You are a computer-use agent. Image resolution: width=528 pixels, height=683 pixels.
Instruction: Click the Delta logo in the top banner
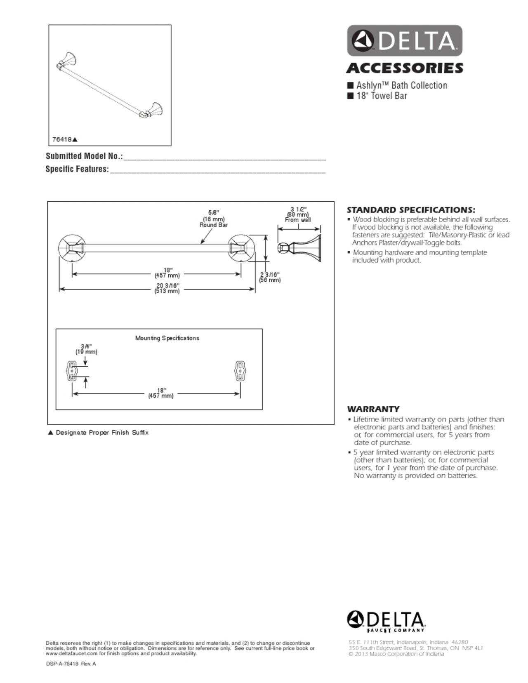point(404,40)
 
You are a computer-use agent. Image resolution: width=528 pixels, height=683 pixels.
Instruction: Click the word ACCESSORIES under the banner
point(405,68)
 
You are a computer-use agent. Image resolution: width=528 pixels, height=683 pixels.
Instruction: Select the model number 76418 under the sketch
point(62,139)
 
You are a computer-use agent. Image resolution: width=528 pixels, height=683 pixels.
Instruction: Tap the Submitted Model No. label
point(84,156)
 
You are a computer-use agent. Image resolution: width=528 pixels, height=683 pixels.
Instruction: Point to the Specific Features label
point(77,169)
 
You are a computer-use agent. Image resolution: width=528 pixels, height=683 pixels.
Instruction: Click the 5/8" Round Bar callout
point(214,219)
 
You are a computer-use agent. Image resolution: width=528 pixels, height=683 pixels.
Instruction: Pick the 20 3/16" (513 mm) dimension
point(167,288)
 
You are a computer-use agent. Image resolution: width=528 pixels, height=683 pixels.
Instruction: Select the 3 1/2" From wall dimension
point(298,214)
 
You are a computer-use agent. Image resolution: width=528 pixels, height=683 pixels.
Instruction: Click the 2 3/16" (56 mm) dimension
point(270,277)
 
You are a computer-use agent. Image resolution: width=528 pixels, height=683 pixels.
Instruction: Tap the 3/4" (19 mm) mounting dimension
point(86,349)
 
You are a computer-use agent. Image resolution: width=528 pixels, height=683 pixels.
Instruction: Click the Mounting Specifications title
point(167,338)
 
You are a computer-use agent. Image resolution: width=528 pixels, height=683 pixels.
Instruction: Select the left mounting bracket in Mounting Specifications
point(71,371)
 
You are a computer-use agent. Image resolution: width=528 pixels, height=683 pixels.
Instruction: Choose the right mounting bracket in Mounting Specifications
point(240,371)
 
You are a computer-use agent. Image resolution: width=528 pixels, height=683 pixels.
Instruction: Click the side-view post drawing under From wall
point(299,249)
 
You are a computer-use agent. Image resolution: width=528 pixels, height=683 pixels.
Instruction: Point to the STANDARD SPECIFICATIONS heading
point(411,210)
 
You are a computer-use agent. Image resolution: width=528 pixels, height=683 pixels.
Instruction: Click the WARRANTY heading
point(373,409)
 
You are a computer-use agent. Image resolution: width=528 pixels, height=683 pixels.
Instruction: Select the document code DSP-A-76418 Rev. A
point(71,664)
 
